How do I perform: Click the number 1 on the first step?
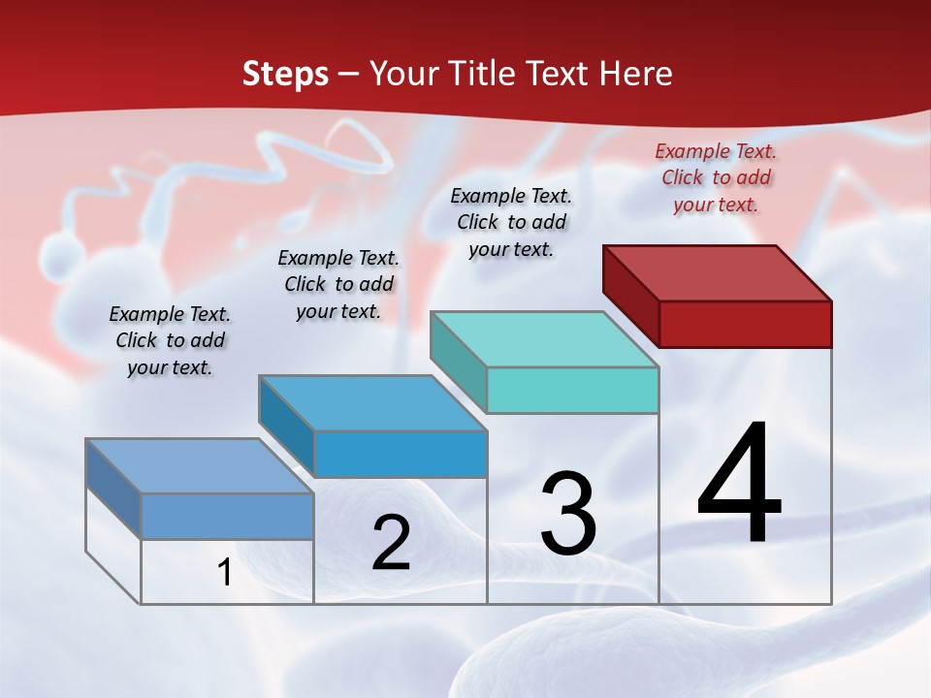pyautogui.click(x=225, y=573)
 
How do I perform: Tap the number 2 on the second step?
pyautogui.click(x=391, y=543)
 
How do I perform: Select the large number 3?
pyautogui.click(x=568, y=515)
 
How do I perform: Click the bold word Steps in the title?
pyautogui.click(x=285, y=74)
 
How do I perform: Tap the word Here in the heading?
pyautogui.click(x=636, y=74)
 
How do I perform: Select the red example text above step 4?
pyautogui.click(x=716, y=177)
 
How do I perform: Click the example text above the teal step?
pyautogui.click(x=511, y=222)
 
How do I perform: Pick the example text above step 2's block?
pyautogui.click(x=338, y=284)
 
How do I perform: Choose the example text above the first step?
pyautogui.click(x=170, y=340)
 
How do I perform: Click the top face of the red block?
pyautogui.click(x=718, y=272)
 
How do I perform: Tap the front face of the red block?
pyautogui.click(x=745, y=324)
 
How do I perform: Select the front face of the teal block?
pyautogui.click(x=572, y=390)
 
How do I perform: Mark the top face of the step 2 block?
pyautogui.click(x=372, y=402)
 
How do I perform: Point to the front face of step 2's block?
pyautogui.click(x=400, y=454)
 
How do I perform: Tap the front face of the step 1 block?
pyautogui.click(x=227, y=516)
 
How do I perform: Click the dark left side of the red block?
pyautogui.click(x=630, y=290)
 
